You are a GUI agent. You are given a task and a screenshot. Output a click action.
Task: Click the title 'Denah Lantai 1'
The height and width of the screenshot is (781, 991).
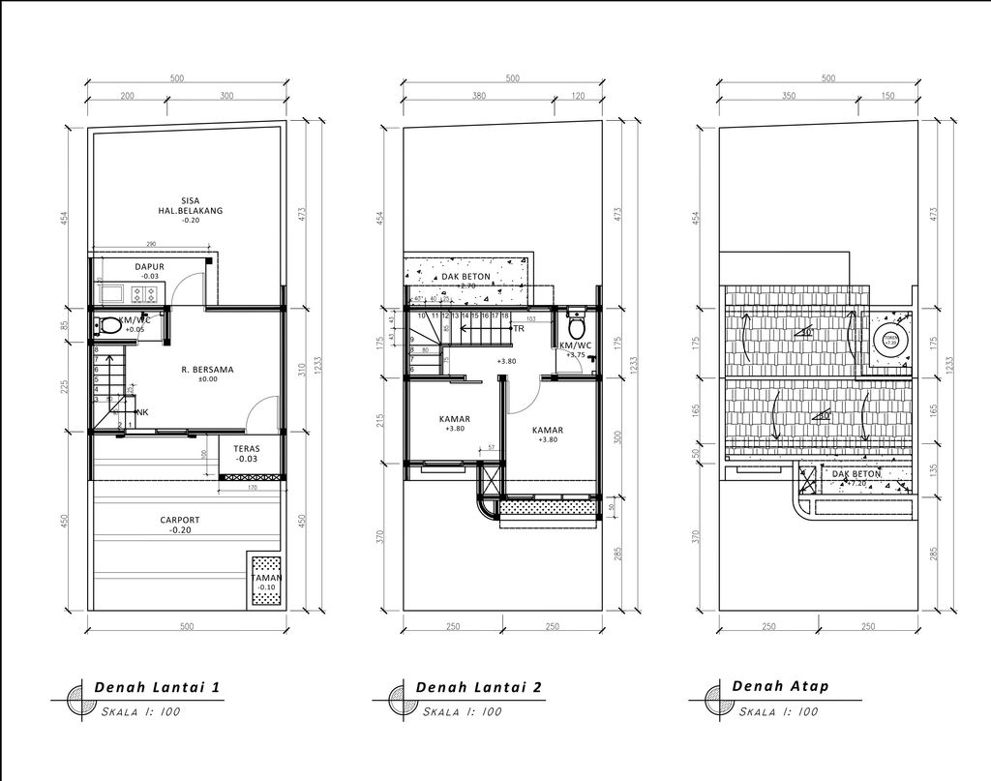click(x=158, y=687)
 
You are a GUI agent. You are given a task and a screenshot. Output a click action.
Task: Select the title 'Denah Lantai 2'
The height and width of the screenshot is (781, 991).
click(x=478, y=687)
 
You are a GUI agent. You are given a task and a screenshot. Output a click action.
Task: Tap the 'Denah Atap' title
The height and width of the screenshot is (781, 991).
click(x=780, y=686)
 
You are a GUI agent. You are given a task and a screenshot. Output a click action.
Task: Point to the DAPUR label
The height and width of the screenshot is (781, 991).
click(x=149, y=266)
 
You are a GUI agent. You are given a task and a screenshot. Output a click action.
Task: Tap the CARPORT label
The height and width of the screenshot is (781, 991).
click(x=180, y=520)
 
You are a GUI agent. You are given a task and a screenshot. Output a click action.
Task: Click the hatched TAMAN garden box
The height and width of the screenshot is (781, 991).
click(x=265, y=581)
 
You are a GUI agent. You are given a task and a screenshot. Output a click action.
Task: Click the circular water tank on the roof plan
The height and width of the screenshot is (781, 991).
click(x=889, y=339)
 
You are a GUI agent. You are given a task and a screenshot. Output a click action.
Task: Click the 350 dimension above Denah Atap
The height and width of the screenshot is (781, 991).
click(x=788, y=97)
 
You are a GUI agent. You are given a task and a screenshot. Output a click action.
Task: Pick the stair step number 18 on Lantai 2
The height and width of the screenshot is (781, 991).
click(x=505, y=315)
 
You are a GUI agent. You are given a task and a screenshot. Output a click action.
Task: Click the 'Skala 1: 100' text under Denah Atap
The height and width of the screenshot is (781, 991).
click(x=780, y=711)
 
